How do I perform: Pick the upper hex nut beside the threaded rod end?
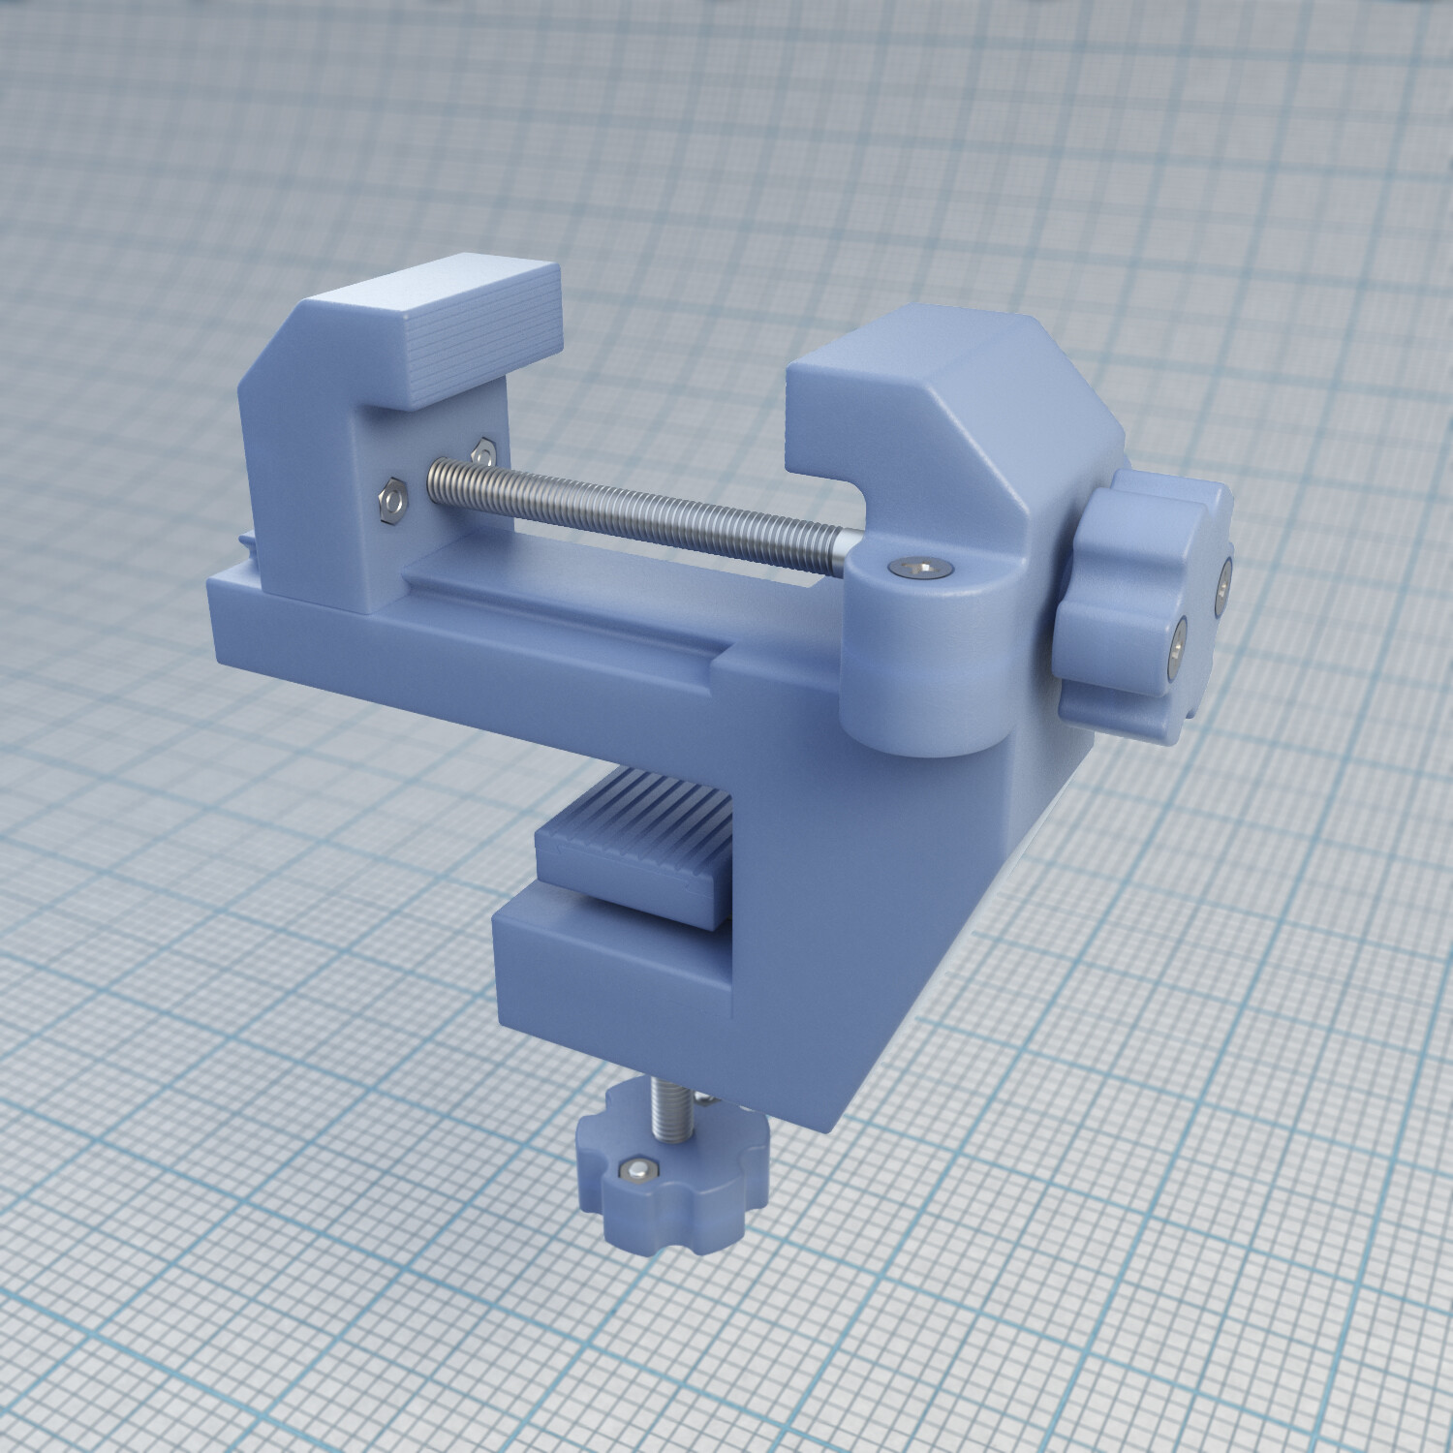click(x=481, y=450)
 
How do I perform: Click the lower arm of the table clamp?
click(x=620, y=978)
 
